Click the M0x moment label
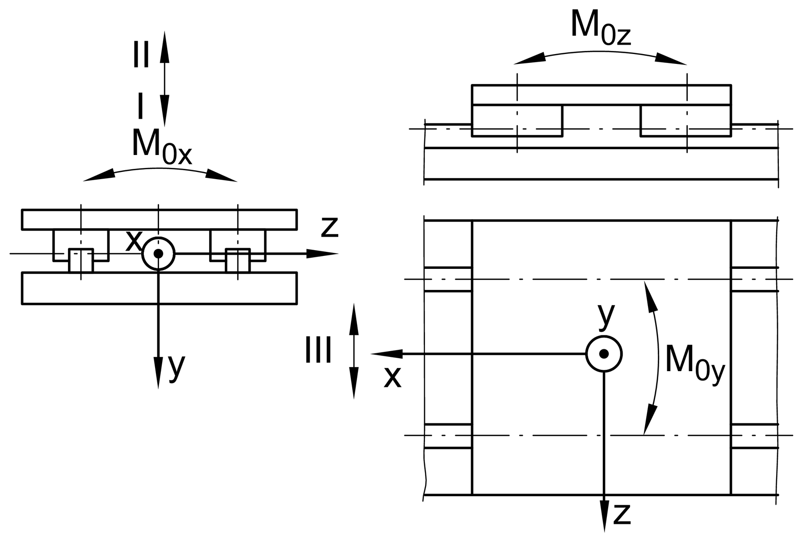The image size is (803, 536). point(162,147)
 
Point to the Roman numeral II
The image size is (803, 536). point(141,55)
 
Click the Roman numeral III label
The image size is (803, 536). point(318,351)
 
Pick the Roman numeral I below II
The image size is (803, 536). point(140,107)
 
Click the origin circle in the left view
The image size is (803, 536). point(158,253)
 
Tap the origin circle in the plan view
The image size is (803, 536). point(604,354)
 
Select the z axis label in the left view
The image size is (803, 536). point(330,227)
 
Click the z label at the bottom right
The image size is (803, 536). point(622,514)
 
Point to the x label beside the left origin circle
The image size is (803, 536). point(134,241)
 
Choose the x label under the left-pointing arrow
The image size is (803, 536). point(393,377)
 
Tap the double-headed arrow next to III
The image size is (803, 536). point(354,351)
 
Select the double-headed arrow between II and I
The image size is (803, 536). point(164,79)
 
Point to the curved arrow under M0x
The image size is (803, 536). point(160,169)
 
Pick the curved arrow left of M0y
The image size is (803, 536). point(658,357)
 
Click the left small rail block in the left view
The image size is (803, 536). point(81,260)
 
